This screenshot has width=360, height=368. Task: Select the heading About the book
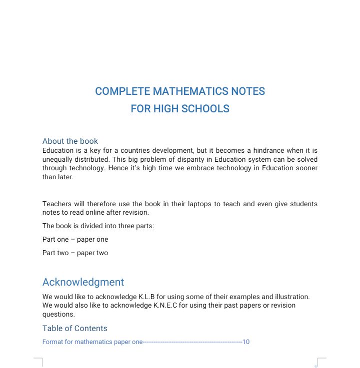(70, 141)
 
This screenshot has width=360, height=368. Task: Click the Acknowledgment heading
(83, 282)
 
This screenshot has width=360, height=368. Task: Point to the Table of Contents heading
(74, 328)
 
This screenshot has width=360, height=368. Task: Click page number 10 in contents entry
(245, 342)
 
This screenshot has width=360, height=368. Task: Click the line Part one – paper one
(75, 239)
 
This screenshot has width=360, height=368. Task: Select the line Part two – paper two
(75, 253)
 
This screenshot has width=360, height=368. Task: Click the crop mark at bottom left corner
(38, 362)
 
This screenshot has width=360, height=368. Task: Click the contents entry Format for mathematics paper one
(92, 342)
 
